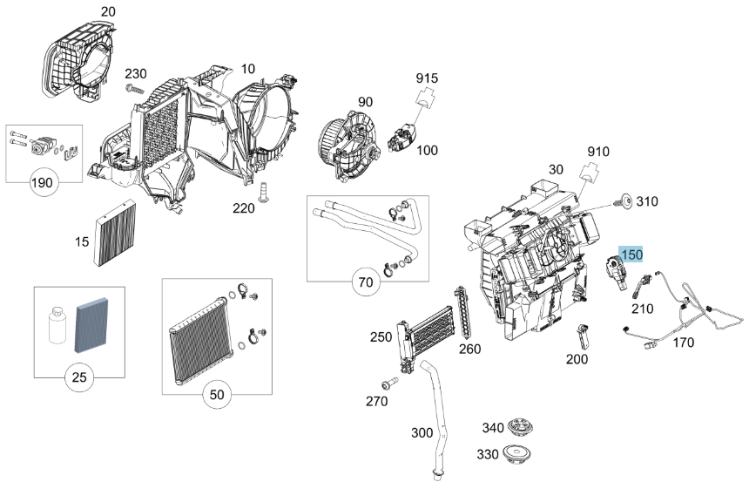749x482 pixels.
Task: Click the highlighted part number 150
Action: pos(631,255)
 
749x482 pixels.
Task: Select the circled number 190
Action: pos(42,183)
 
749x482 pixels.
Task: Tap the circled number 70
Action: pos(366,282)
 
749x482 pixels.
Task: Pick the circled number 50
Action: pos(217,395)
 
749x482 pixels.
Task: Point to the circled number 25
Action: pos(79,377)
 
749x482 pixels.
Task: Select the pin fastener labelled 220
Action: pos(262,193)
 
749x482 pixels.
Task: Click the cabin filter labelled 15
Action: pos(116,234)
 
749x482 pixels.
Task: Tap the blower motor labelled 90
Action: pos(349,146)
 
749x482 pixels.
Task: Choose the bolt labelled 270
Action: pos(390,384)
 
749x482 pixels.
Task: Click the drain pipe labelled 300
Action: pos(435,421)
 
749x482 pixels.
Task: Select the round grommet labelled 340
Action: pos(520,426)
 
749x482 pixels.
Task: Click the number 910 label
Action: pos(598,152)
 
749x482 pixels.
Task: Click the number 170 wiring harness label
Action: pos(683,343)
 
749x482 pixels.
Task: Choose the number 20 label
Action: pos(108,11)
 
